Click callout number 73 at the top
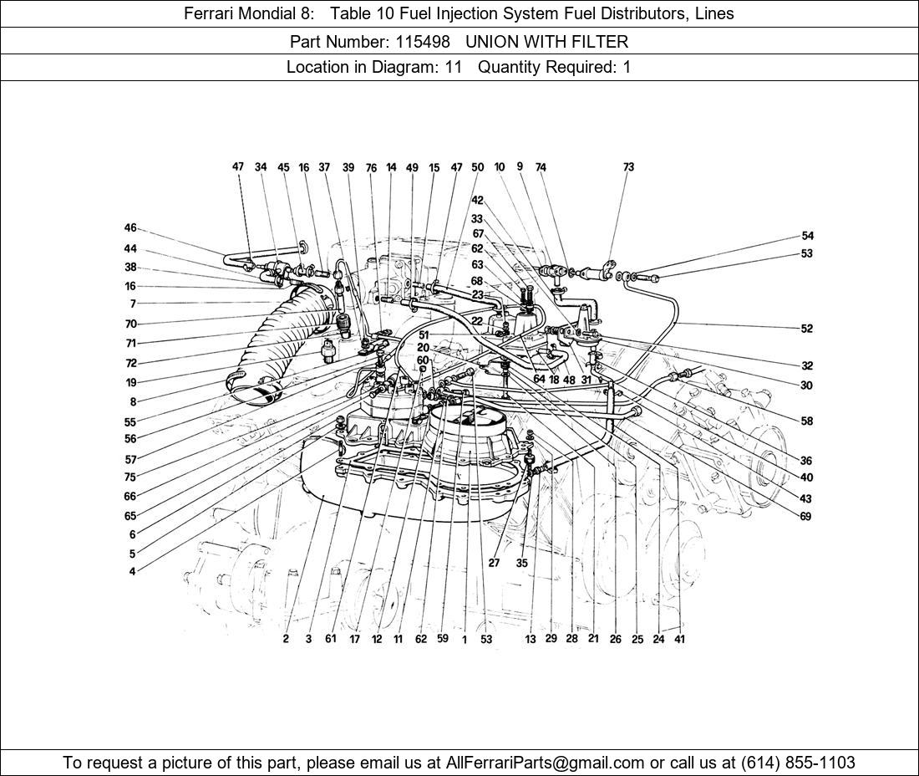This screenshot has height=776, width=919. tap(628, 167)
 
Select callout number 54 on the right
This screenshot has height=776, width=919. tap(807, 236)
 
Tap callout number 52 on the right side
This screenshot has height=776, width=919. tap(807, 329)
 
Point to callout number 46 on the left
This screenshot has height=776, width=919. tap(130, 228)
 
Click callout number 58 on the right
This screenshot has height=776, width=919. tap(807, 421)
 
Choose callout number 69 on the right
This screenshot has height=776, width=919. tap(805, 517)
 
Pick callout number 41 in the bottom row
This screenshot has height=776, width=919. tap(679, 640)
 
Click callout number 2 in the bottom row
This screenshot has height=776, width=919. tap(286, 640)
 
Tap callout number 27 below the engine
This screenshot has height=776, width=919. tap(494, 563)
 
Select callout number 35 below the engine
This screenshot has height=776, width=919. tap(521, 563)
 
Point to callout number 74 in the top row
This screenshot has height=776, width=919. tap(541, 167)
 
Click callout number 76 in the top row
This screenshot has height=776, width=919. tap(371, 168)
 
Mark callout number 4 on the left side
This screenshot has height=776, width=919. tap(133, 571)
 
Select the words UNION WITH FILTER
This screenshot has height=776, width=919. tap(547, 42)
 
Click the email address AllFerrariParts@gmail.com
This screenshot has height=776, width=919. tap(545, 763)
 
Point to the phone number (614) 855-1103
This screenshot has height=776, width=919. tap(798, 763)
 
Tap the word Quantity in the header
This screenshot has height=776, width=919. tap(509, 68)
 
